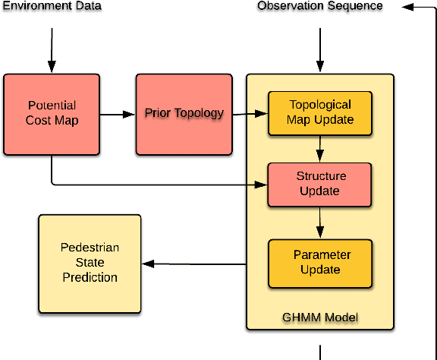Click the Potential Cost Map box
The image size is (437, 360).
click(x=52, y=113)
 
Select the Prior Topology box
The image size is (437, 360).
click(x=184, y=113)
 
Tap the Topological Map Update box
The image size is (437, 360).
click(x=319, y=113)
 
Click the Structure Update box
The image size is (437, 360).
click(x=319, y=184)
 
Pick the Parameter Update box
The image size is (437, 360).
click(x=319, y=262)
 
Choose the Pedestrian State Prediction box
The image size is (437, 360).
click(x=90, y=263)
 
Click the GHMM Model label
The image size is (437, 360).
click(x=319, y=317)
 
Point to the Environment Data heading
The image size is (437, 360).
click(x=52, y=6)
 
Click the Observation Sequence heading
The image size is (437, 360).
click(x=319, y=6)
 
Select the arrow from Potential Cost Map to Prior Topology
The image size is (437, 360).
click(x=118, y=115)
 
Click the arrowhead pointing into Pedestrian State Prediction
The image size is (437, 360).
click(x=149, y=264)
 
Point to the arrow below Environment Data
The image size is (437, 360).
click(x=52, y=50)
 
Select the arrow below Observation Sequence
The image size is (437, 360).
click(x=319, y=50)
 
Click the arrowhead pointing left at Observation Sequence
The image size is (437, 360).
click(x=408, y=6)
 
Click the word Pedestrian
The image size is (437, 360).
click(x=90, y=248)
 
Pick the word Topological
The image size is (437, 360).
click(x=319, y=106)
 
